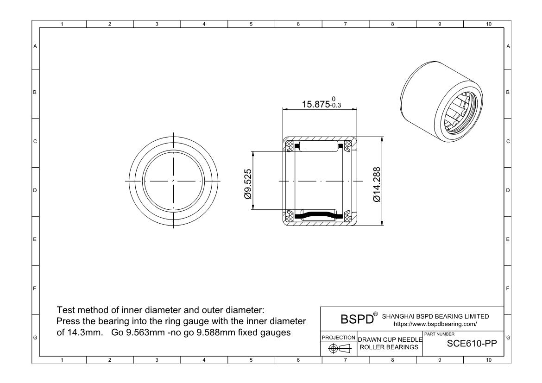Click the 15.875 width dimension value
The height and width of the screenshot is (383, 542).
coord(315,104)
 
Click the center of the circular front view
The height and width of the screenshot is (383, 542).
coord(173,180)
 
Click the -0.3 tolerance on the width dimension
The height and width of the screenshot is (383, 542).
coord(334,106)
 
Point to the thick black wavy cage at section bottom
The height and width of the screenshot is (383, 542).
coord(320,215)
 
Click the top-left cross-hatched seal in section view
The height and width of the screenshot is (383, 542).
coord(290,146)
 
